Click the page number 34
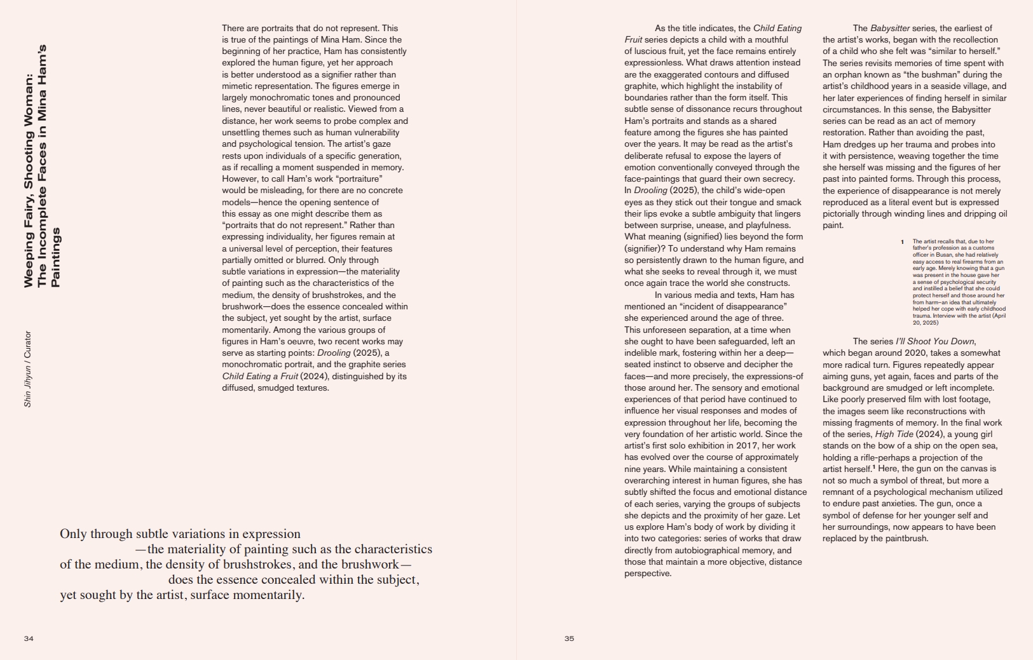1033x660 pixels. [x=29, y=638]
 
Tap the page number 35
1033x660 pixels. [x=569, y=638]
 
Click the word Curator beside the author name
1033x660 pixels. [x=27, y=344]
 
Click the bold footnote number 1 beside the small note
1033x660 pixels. [x=902, y=242]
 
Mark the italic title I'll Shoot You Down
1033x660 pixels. [x=935, y=342]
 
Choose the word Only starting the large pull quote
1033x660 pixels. [x=73, y=534]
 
